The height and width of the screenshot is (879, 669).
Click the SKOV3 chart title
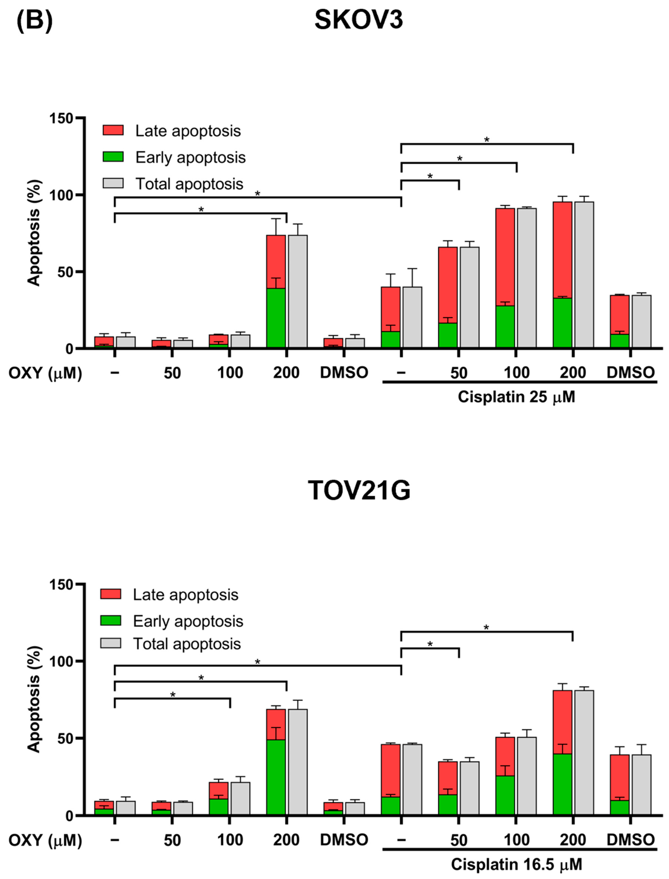[x=358, y=20]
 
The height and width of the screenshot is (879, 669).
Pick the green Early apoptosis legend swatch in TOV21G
[x=111, y=621]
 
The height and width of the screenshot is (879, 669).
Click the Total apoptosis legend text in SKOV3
[x=189, y=184]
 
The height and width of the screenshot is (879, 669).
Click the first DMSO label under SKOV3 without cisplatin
[x=344, y=373]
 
